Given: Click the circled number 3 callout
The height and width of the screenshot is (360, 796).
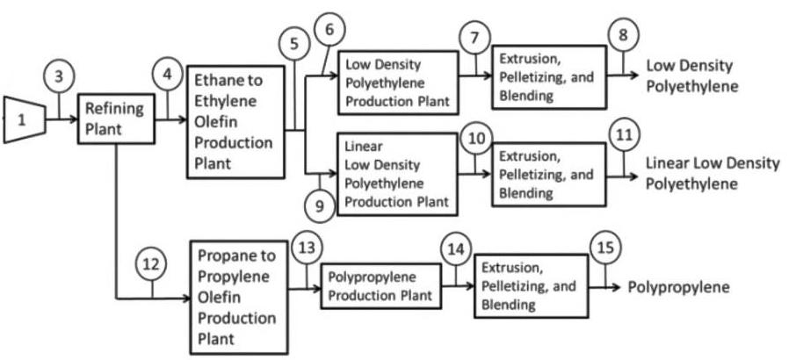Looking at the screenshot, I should [59, 76].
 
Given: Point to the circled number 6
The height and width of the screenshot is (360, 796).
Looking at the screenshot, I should [329, 30].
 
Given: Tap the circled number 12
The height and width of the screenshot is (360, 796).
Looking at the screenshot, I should [151, 263].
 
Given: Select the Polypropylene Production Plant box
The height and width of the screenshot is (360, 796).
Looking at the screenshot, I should [381, 286].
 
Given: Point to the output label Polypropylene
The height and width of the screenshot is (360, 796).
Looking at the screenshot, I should [678, 287].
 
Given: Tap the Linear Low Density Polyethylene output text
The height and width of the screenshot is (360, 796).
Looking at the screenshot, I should [713, 173].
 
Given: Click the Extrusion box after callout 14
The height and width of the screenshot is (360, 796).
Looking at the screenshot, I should [531, 285].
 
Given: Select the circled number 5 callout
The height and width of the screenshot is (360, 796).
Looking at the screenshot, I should [295, 41].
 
